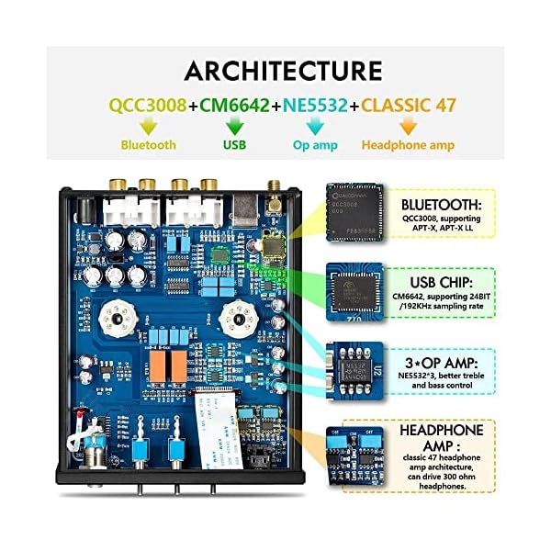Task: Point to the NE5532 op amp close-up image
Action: tap(359, 367)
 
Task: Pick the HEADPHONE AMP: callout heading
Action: tap(443, 429)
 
